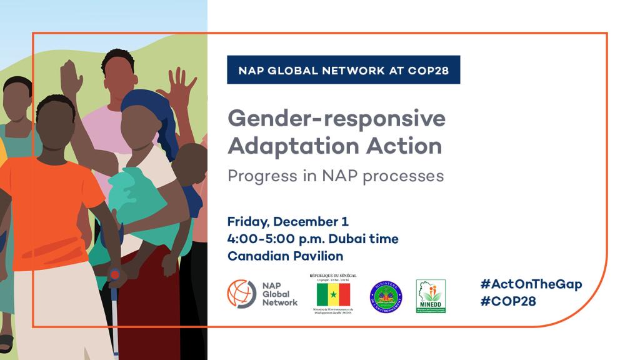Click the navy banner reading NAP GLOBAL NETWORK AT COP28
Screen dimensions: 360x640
coord(343,70)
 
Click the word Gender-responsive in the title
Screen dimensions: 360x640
coord(336,118)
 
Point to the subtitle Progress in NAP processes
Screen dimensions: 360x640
coord(336,176)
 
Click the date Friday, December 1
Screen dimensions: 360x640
coord(288,222)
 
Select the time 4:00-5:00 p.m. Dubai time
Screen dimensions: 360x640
coord(312,239)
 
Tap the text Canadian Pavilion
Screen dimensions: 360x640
coord(286,256)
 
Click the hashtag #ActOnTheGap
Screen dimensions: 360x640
coord(531,284)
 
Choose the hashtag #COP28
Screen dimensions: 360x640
coord(508,301)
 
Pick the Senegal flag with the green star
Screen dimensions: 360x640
coord(333,294)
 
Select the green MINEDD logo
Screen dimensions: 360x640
coord(431,296)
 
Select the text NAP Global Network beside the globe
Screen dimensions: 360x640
coord(279,294)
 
